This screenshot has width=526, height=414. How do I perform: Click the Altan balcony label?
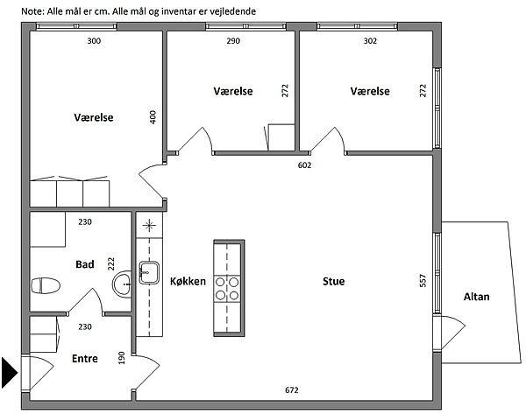(476, 297)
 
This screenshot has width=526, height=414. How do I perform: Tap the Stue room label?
(333, 281)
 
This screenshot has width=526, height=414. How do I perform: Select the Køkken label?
(188, 281)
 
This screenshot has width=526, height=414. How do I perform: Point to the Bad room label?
(85, 264)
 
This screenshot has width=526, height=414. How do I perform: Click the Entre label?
(85, 359)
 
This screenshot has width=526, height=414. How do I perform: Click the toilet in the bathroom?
(46, 285)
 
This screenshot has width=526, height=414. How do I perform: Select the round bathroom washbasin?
(122, 284)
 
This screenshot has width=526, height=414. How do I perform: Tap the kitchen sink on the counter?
(149, 273)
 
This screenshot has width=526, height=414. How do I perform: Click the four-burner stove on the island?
(227, 289)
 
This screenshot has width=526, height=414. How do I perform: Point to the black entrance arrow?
(10, 373)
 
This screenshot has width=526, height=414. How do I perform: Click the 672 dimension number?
(292, 390)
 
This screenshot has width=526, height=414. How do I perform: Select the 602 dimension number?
(304, 165)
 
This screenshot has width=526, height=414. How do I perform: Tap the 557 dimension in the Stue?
(423, 281)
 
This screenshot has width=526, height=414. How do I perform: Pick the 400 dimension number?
(153, 117)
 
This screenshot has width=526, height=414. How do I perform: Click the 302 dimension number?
(370, 41)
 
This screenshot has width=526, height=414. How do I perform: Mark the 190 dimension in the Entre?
(122, 358)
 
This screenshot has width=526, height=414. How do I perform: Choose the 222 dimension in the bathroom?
(111, 263)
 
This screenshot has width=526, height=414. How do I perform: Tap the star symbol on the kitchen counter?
(149, 225)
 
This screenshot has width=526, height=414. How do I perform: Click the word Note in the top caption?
(32, 11)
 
